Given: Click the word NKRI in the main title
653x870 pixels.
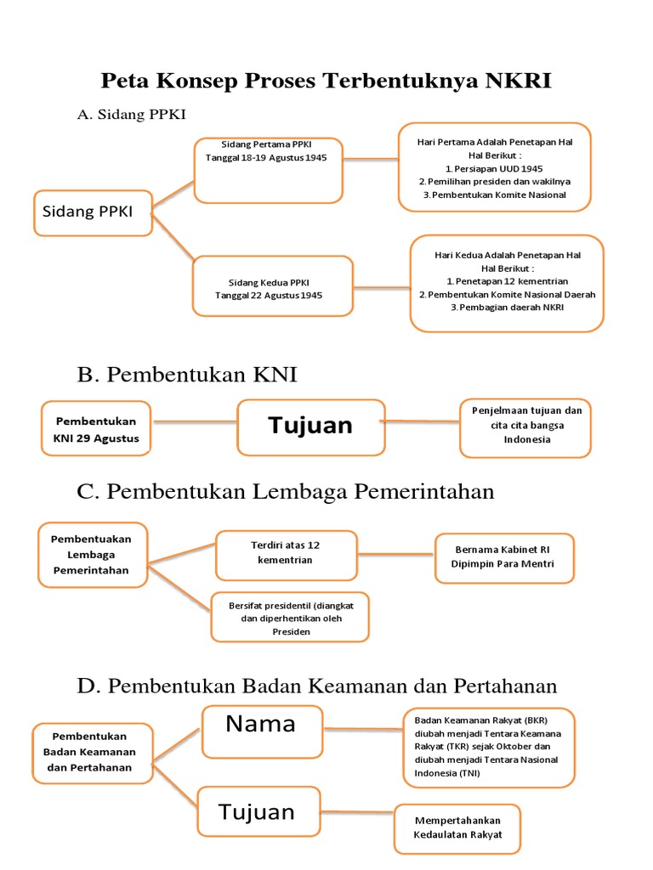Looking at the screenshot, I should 518,81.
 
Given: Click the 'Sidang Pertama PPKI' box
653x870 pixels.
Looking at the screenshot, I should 267,169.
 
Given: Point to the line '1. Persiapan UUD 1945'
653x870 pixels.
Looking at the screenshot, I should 494,168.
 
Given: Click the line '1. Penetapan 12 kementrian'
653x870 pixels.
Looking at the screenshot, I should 507,280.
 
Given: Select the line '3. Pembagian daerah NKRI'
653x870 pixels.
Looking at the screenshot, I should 507,307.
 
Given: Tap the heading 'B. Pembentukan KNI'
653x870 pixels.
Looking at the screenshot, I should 187,375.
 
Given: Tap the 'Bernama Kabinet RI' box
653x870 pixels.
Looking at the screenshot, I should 504,557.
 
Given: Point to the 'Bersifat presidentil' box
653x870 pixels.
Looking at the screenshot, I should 290,617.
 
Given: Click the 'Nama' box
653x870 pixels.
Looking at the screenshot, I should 261,730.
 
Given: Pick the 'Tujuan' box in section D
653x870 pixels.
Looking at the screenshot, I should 258,811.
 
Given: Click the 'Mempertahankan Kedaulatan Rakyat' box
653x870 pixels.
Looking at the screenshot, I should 457,828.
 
